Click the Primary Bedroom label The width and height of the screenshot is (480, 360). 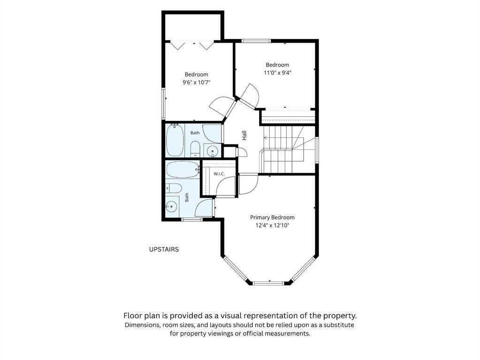(x=272, y=217)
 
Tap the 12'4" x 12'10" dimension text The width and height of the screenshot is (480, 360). (x=273, y=226)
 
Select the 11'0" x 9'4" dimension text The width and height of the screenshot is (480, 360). (x=277, y=73)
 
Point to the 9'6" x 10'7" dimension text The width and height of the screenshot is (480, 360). (x=197, y=82)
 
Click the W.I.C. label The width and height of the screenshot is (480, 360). (x=219, y=174)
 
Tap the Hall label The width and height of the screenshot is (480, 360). (x=244, y=135)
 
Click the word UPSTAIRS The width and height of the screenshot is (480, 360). (x=164, y=249)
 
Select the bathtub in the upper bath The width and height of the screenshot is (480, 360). (x=175, y=140)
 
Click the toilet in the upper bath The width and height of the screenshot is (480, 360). (x=195, y=149)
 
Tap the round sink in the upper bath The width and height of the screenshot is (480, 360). (x=212, y=151)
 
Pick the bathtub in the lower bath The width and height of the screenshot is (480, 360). (x=183, y=169)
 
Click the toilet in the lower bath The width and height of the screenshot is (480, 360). (x=174, y=188)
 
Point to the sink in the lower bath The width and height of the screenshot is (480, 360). (x=172, y=207)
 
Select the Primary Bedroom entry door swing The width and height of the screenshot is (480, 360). (x=248, y=184)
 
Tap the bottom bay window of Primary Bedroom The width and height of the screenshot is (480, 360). (x=268, y=283)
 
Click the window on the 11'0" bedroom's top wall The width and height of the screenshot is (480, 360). (x=256, y=41)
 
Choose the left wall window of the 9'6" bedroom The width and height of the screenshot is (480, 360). (x=163, y=104)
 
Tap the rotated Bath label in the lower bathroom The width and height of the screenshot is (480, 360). (x=187, y=197)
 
